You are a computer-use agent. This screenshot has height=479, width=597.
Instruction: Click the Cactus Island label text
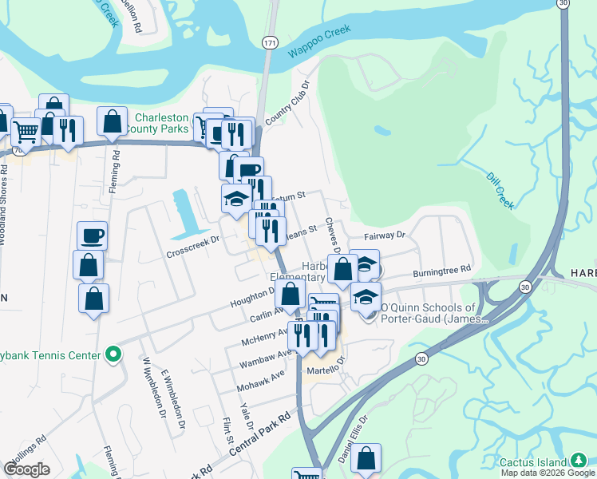(x=532, y=462)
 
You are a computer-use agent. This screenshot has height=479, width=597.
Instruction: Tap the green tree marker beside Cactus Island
(x=579, y=461)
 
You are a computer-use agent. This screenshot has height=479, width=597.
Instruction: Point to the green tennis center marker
(x=113, y=353)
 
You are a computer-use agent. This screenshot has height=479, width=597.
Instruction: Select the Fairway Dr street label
(x=385, y=236)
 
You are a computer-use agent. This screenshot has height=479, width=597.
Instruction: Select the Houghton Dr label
(x=251, y=298)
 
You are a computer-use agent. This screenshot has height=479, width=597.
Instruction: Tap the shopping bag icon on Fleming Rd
(x=113, y=121)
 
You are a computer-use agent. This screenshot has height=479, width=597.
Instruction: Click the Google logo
(x=26, y=469)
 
